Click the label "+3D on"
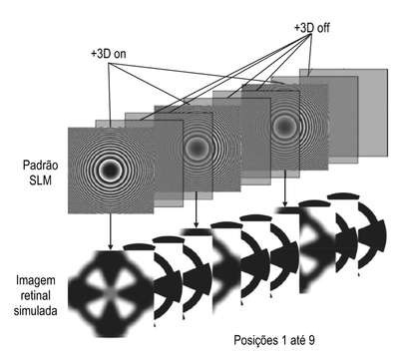pos(109,54)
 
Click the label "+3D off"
pos(312,28)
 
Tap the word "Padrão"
pos(40,166)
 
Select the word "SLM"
pos(40,180)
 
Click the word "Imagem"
pos(36,281)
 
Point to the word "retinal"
pos(36,295)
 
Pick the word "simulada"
pos(36,311)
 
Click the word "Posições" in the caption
pos(255,340)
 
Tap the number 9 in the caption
pos(311,340)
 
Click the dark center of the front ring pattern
pos(111,171)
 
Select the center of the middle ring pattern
pos(197,148)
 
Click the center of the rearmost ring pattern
pos(284,126)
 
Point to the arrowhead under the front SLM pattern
pos(110,246)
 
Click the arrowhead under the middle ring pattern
pos(197,224)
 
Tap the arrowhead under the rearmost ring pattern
pos(285,202)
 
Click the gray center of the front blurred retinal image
pos(111,293)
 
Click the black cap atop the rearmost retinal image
pos(343,196)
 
